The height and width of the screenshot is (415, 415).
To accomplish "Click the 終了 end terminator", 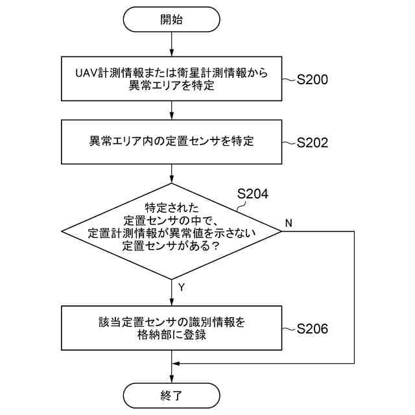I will coord(171,394).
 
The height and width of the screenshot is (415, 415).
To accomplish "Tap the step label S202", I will coord(312,143).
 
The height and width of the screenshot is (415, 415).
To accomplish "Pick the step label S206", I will coord(312,329).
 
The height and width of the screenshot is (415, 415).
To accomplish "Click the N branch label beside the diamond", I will coord(289,223).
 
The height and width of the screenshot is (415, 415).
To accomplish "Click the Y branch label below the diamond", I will coord(181,286).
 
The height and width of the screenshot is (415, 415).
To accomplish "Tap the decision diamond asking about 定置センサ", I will coord(171,230).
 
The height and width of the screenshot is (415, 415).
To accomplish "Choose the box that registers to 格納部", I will coord(171,327).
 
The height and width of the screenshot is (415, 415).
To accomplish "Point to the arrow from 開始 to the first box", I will coord(171,44).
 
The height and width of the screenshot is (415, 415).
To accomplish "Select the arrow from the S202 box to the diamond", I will coord(171,173).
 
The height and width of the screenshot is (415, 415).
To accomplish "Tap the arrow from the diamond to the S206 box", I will coord(171,292).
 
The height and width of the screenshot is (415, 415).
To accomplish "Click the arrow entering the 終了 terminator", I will coord(171,373).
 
